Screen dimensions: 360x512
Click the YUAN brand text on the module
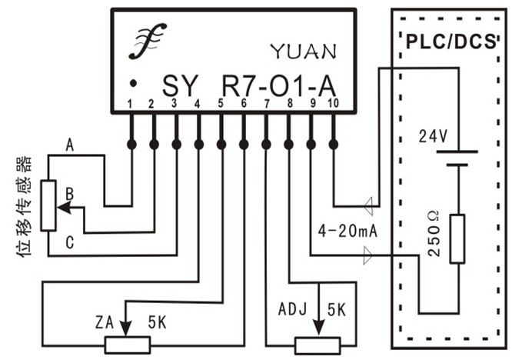[x=303, y=52]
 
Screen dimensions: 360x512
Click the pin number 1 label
[x=131, y=104]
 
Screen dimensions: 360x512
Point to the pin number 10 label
[x=333, y=104]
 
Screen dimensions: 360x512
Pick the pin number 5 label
[x=221, y=104]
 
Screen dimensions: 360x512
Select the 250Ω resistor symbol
[x=458, y=239]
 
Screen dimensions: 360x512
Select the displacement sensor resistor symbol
[x=48, y=205]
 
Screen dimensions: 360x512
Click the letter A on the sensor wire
[x=70, y=144]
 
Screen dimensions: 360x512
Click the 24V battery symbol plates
[x=458, y=158]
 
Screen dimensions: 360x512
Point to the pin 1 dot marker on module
[x=133, y=82]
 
